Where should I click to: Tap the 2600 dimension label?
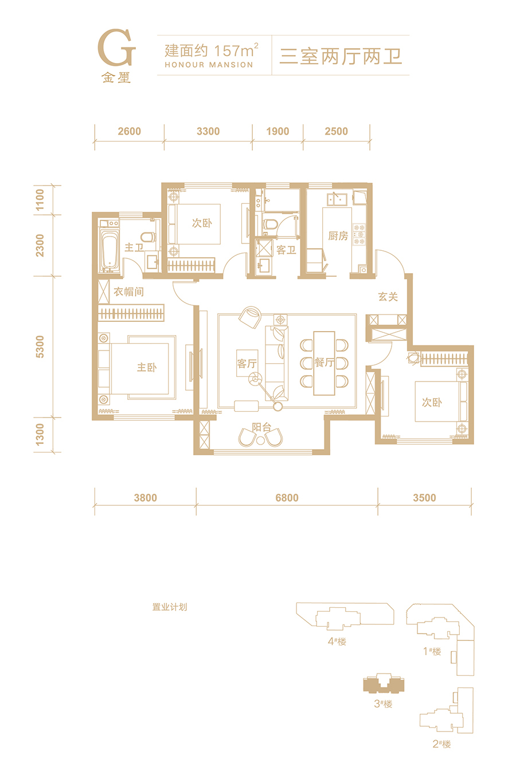(130, 131)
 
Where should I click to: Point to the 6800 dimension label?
(287, 498)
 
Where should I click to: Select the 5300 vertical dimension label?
(40, 347)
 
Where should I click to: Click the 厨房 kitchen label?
(338, 236)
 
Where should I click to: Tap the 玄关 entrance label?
(388, 297)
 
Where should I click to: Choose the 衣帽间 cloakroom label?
(128, 292)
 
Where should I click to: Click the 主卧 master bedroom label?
(147, 367)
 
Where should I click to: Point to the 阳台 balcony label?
(261, 427)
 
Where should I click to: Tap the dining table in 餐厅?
(325, 363)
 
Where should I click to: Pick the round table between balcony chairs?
(260, 440)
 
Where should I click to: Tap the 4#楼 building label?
(337, 642)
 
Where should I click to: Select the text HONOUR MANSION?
(209, 65)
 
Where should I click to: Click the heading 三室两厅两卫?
(341, 56)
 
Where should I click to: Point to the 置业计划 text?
(170, 607)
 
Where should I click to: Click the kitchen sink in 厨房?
(337, 199)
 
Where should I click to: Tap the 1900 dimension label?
(277, 131)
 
